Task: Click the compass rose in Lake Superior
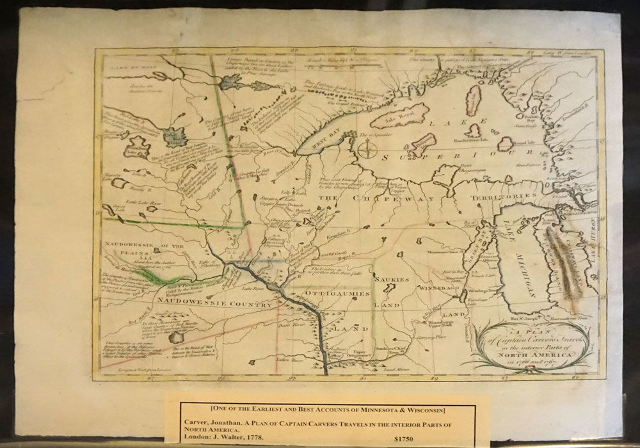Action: pos(367,151)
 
